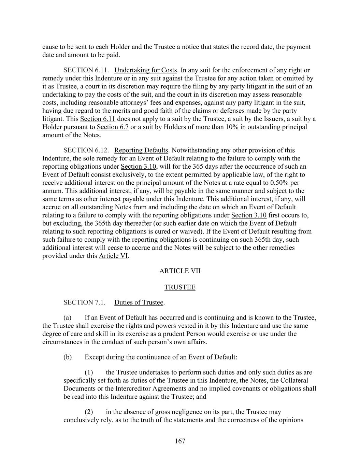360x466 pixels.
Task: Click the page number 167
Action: [x=180, y=441]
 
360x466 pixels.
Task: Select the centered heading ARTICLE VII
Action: [x=180, y=271]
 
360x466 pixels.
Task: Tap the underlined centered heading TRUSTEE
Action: [x=180, y=287]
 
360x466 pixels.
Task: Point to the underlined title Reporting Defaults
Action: [x=141, y=151]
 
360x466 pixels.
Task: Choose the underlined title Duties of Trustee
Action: [x=139, y=302]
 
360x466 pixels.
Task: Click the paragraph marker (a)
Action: [x=67, y=318]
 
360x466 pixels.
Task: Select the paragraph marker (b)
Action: [x=68, y=357]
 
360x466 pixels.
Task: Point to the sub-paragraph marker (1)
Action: [x=89, y=372]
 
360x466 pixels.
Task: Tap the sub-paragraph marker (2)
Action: [x=89, y=412]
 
